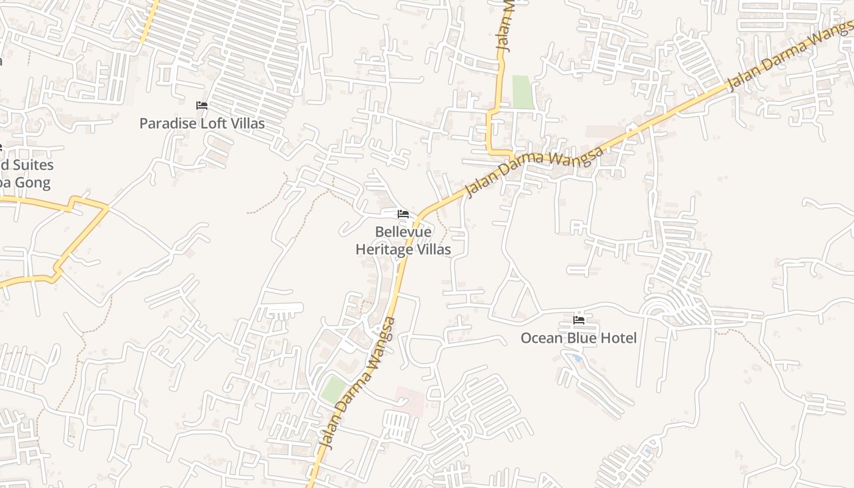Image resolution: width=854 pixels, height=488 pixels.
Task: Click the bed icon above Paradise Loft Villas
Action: click(x=202, y=106)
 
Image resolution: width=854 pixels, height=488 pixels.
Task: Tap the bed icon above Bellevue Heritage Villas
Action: click(x=403, y=214)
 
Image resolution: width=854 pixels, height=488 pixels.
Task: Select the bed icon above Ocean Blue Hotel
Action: click(x=579, y=320)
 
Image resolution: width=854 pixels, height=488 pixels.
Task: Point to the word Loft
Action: click(x=214, y=123)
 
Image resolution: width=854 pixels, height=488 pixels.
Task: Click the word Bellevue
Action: click(x=403, y=232)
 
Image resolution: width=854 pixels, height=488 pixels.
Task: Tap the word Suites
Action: click(x=32, y=165)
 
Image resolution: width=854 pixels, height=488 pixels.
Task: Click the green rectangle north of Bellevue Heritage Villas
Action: click(x=522, y=92)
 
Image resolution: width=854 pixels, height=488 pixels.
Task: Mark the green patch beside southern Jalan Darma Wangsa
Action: click(x=333, y=389)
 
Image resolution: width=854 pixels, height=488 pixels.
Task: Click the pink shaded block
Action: click(x=411, y=401)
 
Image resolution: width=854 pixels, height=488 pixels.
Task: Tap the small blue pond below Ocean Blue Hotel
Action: click(x=577, y=359)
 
